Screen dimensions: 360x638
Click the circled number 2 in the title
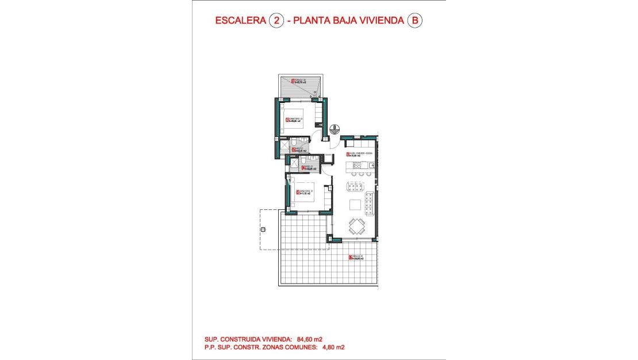pyautogui.click(x=276, y=21)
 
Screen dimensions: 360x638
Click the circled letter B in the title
pyautogui.click(x=414, y=21)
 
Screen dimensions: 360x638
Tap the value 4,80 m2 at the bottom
pyautogui.click(x=332, y=347)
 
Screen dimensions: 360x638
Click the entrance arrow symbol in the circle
pyautogui.click(x=335, y=129)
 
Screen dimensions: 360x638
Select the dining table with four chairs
pyautogui.click(x=357, y=225)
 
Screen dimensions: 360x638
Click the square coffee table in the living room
pyautogui.click(x=356, y=204)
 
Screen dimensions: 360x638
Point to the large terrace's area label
pyautogui.click(x=356, y=258)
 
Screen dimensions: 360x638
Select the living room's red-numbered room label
pyautogui.click(x=357, y=154)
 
